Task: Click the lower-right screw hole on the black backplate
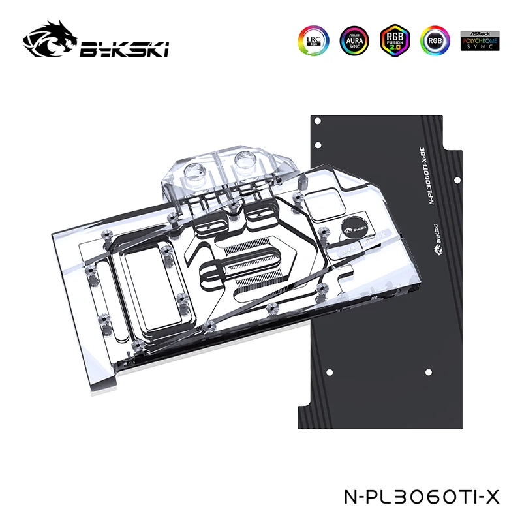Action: pyautogui.click(x=429, y=372)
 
